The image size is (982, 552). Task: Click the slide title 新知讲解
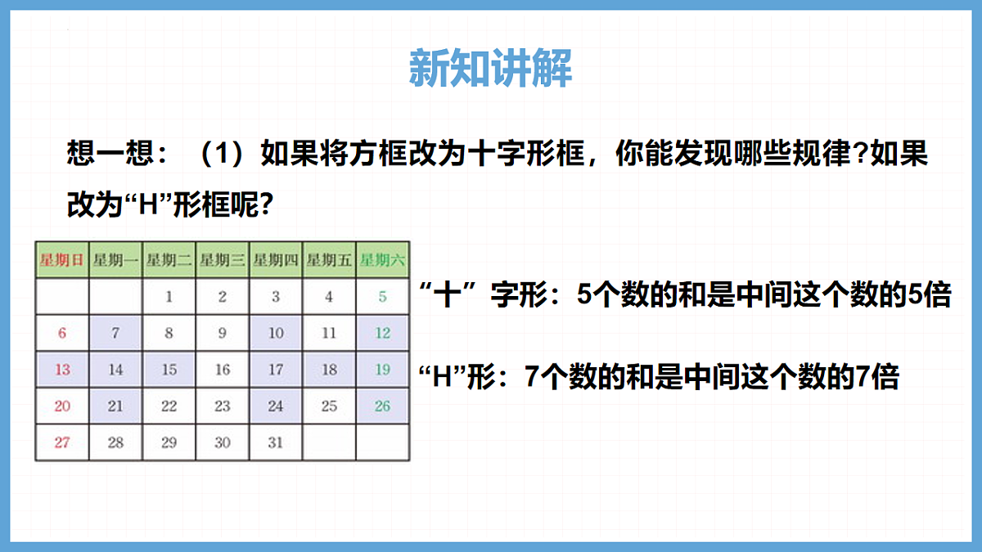tap(490, 69)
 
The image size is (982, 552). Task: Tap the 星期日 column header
tap(62, 261)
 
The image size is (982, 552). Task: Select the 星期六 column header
tap(382, 261)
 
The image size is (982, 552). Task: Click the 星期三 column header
tap(222, 261)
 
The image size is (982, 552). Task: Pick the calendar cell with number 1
tap(169, 297)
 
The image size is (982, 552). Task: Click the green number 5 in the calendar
tap(382, 297)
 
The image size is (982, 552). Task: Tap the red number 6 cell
tap(62, 333)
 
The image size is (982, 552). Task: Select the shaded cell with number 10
tap(276, 333)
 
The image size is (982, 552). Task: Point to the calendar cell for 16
tap(222, 370)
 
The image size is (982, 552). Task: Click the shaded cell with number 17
tap(276, 370)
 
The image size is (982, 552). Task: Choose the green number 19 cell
tap(382, 370)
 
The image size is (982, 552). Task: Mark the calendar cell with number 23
tap(222, 406)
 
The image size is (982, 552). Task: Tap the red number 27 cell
tap(62, 442)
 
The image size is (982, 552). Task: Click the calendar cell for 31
tap(276, 442)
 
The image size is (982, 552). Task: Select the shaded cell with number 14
tap(115, 370)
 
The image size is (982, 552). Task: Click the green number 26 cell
tap(382, 406)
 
